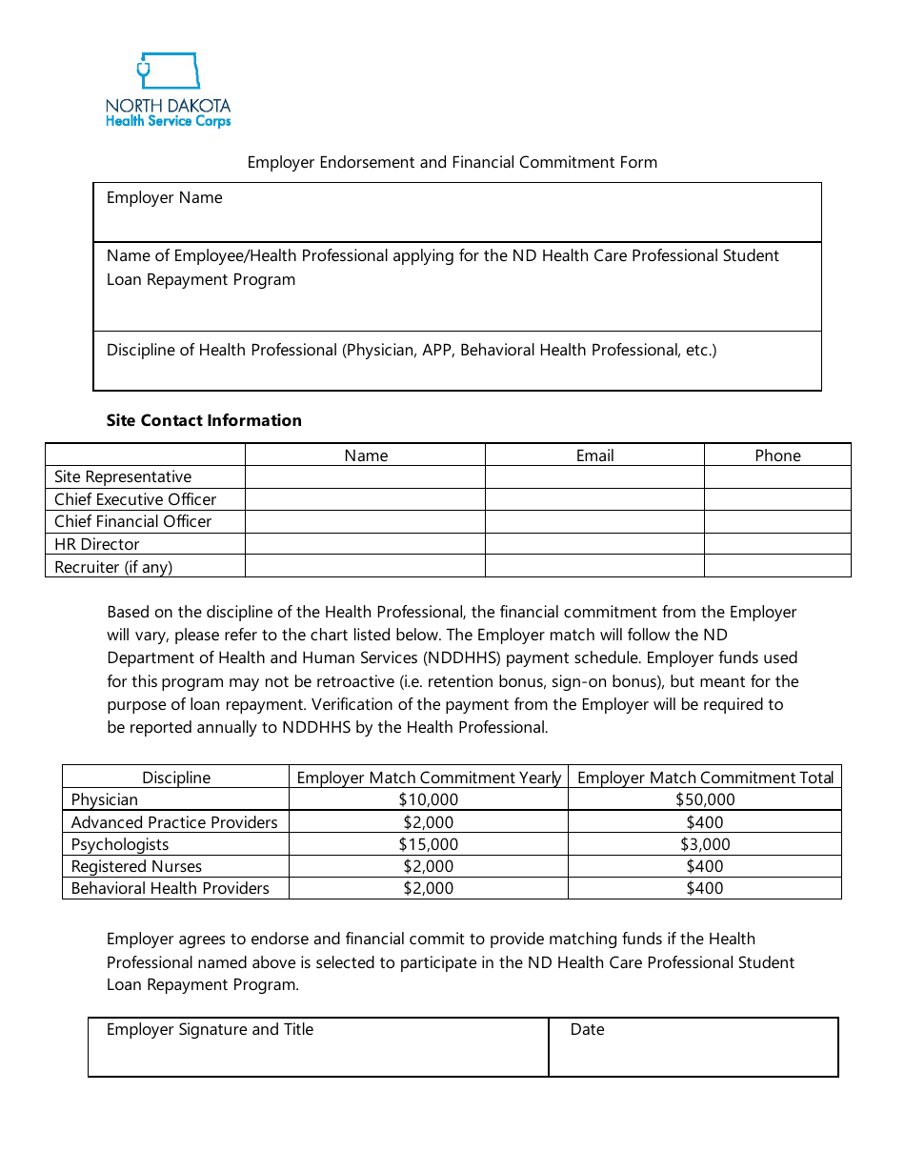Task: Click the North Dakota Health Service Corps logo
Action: (168, 91)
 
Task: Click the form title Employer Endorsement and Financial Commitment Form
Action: (452, 162)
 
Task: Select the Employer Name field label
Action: (164, 198)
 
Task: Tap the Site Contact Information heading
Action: (204, 420)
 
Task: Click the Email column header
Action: (594, 455)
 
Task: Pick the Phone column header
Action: (777, 455)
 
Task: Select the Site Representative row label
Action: (123, 476)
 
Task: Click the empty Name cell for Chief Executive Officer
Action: (365, 499)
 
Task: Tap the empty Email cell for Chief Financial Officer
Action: (594, 521)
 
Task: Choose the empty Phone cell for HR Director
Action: (777, 544)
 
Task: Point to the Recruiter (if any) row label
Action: (113, 567)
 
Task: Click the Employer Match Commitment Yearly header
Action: (429, 778)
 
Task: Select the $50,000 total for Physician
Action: (705, 799)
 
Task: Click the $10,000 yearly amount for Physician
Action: (429, 799)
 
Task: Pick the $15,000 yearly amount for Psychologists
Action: (429, 844)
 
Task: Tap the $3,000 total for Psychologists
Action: (705, 844)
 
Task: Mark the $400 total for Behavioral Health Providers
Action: (705, 888)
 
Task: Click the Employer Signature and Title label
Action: (210, 1029)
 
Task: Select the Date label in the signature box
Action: (587, 1029)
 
